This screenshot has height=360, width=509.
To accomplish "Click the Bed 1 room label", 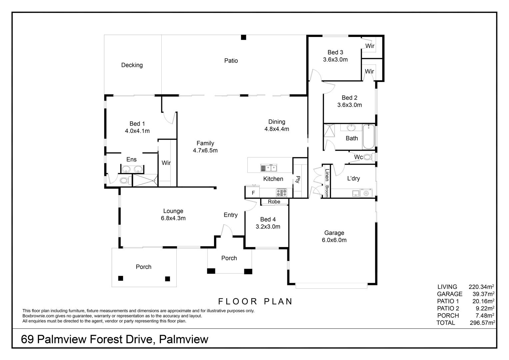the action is click(137, 124).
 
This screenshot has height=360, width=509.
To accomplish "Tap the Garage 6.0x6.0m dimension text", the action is click(334, 240).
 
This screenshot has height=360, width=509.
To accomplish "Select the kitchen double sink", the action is click(269, 168).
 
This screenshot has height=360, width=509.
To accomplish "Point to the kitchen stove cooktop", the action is click(282, 193).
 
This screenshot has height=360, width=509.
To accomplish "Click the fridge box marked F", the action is click(252, 192).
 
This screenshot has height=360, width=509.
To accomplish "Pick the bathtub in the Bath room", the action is click(368, 136).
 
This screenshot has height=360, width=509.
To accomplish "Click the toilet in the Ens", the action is click(126, 181).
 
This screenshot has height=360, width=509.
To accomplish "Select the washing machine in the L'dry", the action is click(366, 193).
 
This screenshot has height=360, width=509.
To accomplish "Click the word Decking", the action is click(132, 65).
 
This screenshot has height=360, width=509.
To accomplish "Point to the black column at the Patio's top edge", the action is click(243, 37).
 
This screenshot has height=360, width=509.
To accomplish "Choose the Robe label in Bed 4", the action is click(274, 202).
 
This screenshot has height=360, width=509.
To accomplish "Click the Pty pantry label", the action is click(298, 180).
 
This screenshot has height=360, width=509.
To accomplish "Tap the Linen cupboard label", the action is click(327, 175).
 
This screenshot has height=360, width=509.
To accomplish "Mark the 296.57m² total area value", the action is click(482, 323).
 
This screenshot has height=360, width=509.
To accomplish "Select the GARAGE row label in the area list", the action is click(449, 294).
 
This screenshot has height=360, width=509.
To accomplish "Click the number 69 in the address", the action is click(27, 339).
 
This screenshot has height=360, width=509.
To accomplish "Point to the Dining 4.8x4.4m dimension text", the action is click(277, 129).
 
